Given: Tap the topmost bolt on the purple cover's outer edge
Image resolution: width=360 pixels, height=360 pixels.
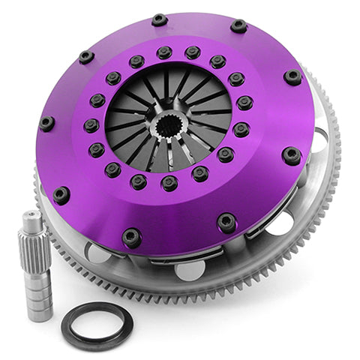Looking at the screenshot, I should tap(159, 20).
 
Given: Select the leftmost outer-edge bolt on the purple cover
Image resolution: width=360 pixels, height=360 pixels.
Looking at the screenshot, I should tap(46, 123).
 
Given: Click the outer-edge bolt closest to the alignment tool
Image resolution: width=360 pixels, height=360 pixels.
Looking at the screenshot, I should tap(61, 195).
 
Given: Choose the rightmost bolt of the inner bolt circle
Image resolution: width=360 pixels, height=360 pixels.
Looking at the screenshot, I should tap(244, 103).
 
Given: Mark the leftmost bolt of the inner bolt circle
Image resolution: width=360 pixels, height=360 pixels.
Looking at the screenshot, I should tap(91, 125).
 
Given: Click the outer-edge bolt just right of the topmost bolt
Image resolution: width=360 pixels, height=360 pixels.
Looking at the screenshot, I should tap(238, 26).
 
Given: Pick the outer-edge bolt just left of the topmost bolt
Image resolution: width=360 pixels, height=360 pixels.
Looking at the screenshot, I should tap(86, 57).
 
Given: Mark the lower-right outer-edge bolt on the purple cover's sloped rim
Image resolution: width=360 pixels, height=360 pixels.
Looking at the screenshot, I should tap(226, 222).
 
